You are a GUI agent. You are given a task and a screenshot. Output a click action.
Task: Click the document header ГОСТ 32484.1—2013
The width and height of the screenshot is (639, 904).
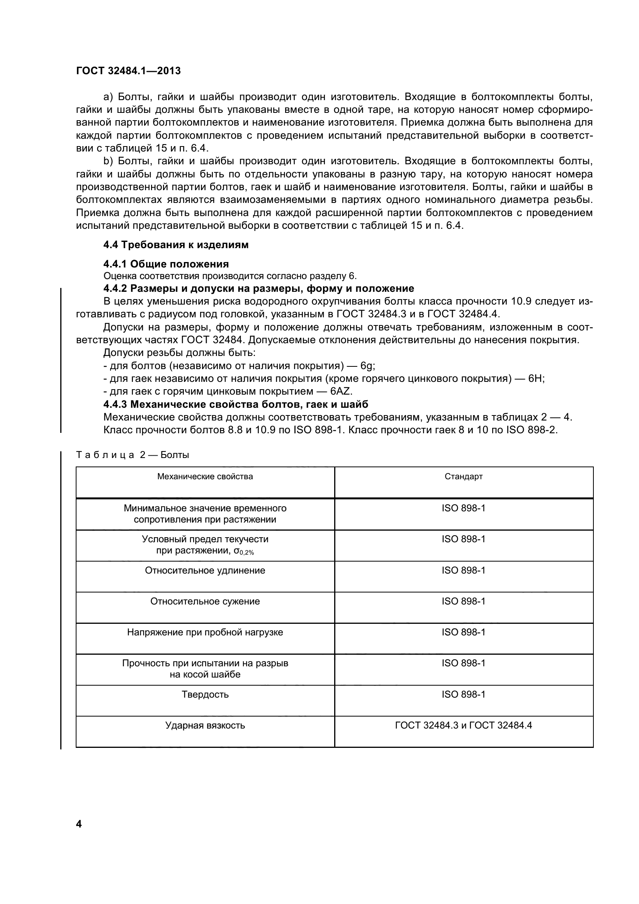128,71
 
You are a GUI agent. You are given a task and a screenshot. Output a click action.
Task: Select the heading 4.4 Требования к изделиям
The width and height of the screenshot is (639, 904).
176,245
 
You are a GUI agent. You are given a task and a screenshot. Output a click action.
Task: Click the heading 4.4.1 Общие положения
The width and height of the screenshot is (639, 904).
166,264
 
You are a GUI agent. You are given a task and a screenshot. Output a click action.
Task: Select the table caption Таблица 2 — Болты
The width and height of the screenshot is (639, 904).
133,455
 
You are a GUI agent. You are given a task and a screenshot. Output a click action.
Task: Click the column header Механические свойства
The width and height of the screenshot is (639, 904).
205,477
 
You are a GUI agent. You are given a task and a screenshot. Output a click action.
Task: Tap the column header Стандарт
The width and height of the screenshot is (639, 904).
464,477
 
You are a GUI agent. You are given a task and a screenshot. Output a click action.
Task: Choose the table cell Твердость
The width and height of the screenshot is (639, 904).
205,694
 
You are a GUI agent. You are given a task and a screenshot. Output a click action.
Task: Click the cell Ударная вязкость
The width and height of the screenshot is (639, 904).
205,725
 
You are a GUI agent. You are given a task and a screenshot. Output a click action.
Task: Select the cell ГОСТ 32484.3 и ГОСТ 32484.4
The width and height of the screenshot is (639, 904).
464,725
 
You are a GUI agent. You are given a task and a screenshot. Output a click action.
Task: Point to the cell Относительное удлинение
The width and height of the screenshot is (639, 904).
205,570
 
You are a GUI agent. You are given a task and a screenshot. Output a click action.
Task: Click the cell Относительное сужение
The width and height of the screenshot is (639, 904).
205,601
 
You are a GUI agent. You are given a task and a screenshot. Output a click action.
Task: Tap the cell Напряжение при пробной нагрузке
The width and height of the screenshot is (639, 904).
205,632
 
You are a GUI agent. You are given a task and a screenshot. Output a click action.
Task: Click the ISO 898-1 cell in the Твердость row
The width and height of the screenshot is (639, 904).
464,694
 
